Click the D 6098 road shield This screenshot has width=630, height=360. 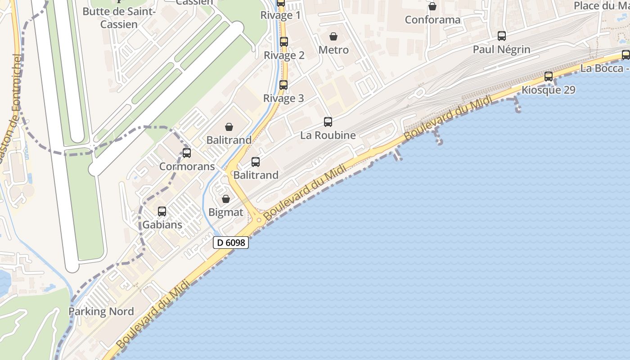pos(230,243)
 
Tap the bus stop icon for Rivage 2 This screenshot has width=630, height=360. pos(284,42)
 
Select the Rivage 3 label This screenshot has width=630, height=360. pos(283,98)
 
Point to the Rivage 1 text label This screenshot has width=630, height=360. pos(280,15)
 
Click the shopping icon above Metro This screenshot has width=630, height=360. pos(333,36)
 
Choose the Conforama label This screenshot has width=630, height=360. pos(432,20)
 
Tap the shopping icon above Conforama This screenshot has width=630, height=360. pos(432,6)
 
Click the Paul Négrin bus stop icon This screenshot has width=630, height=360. pos(502,36)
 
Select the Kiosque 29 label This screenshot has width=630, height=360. pos(548,90)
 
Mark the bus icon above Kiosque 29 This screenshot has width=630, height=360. pos(549,76)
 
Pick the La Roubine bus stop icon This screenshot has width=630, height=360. pos(328,121)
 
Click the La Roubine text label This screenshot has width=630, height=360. pos(328,135)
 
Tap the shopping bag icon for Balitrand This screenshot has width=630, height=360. pos(229,127)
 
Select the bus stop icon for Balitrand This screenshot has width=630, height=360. pos(256,162)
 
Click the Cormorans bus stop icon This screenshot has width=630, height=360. pos(187,153)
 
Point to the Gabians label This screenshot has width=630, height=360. pos(162,225)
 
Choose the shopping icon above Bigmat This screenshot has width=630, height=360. pos(226,199)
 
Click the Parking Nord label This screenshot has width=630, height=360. pos(101,311)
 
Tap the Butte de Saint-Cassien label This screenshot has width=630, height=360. pos(119,18)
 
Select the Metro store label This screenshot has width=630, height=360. pos(333,50)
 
